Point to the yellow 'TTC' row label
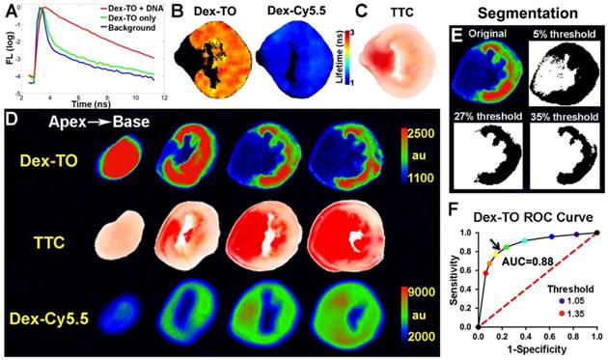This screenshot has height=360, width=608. click(46, 245)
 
